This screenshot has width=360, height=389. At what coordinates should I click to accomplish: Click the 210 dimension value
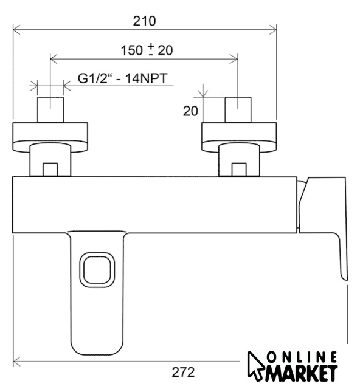click(144, 21)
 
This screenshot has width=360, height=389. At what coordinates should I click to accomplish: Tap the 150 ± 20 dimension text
click(147, 50)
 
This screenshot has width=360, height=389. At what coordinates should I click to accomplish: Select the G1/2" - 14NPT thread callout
click(123, 78)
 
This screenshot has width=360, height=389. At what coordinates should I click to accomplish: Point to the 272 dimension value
click(183, 372)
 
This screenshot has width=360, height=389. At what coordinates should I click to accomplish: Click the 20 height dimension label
click(190, 111)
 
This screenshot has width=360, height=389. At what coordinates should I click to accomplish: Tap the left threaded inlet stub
click(50, 109)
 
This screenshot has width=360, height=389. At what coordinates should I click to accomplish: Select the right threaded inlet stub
click(238, 109)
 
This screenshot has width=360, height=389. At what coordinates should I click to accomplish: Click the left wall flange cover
click(50, 136)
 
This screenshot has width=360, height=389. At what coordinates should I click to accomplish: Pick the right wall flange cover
click(239, 136)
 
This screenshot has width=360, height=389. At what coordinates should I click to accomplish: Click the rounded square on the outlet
click(97, 270)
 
